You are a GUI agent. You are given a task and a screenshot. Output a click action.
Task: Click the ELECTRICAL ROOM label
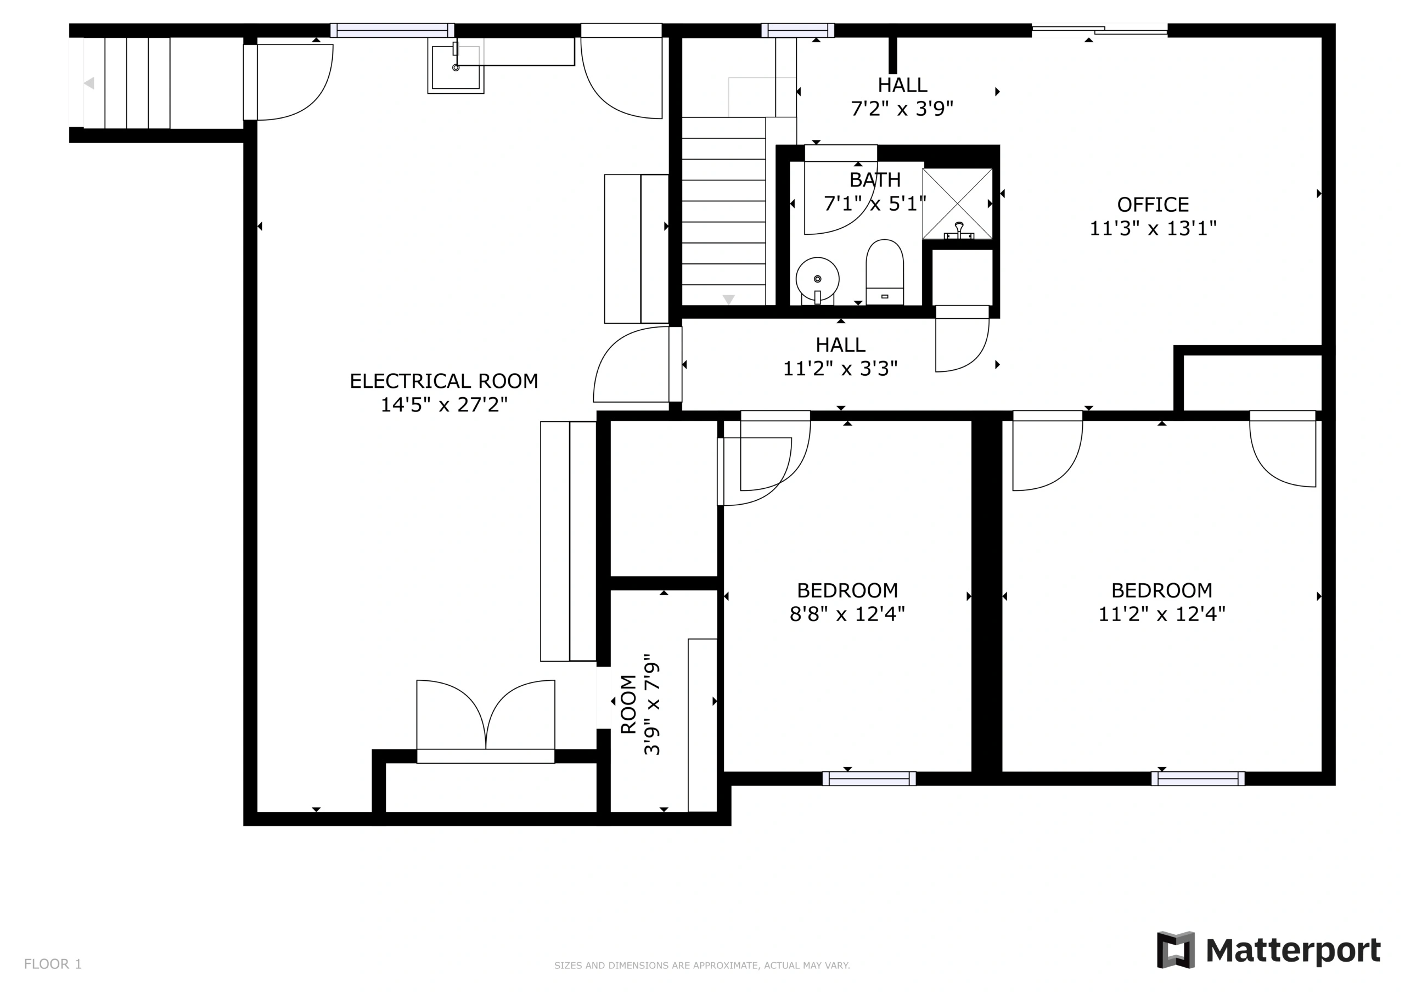(x=443, y=381)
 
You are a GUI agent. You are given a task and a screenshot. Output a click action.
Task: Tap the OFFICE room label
(x=1153, y=204)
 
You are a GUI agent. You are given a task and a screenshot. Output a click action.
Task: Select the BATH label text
(x=875, y=180)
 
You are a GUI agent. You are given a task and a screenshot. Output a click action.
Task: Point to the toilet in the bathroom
(x=885, y=272)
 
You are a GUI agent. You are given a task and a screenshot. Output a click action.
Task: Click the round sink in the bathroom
(x=818, y=280)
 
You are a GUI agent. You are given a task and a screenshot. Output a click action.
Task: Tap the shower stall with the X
(x=958, y=204)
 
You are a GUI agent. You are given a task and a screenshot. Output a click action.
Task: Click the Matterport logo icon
(x=1176, y=950)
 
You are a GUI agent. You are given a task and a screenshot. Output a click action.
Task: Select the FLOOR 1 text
(x=53, y=964)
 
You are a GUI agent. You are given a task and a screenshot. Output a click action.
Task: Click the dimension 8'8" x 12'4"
(x=847, y=614)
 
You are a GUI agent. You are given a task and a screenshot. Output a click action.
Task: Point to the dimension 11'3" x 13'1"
(x=1153, y=228)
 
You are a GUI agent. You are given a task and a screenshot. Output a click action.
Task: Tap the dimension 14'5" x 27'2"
(x=444, y=404)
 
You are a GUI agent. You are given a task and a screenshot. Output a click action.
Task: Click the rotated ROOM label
(x=628, y=704)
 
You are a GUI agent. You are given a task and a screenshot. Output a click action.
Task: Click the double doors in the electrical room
(x=486, y=721)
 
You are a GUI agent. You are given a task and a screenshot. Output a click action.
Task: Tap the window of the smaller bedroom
(x=869, y=778)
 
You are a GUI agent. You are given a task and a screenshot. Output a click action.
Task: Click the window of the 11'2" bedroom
(x=1198, y=778)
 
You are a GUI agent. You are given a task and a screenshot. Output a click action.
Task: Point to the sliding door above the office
(x=1100, y=30)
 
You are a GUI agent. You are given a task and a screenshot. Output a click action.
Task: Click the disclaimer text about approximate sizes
(x=702, y=966)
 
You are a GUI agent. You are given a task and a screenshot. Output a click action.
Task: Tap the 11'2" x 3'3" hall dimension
(x=840, y=368)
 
